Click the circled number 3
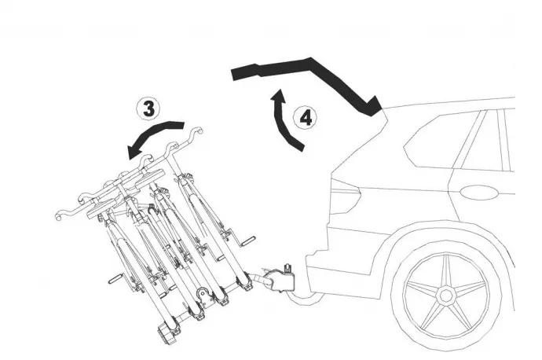[x=148, y=109]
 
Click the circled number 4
[x=306, y=118]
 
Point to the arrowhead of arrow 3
[x=135, y=150]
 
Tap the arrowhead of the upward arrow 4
[x=279, y=96]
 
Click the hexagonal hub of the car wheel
[x=445, y=296]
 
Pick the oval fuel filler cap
[x=479, y=193]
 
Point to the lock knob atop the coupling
[x=287, y=268]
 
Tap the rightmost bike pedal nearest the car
[x=248, y=241]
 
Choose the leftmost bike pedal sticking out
[x=115, y=279]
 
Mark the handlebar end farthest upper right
[x=198, y=131]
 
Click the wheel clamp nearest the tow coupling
[x=244, y=281]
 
